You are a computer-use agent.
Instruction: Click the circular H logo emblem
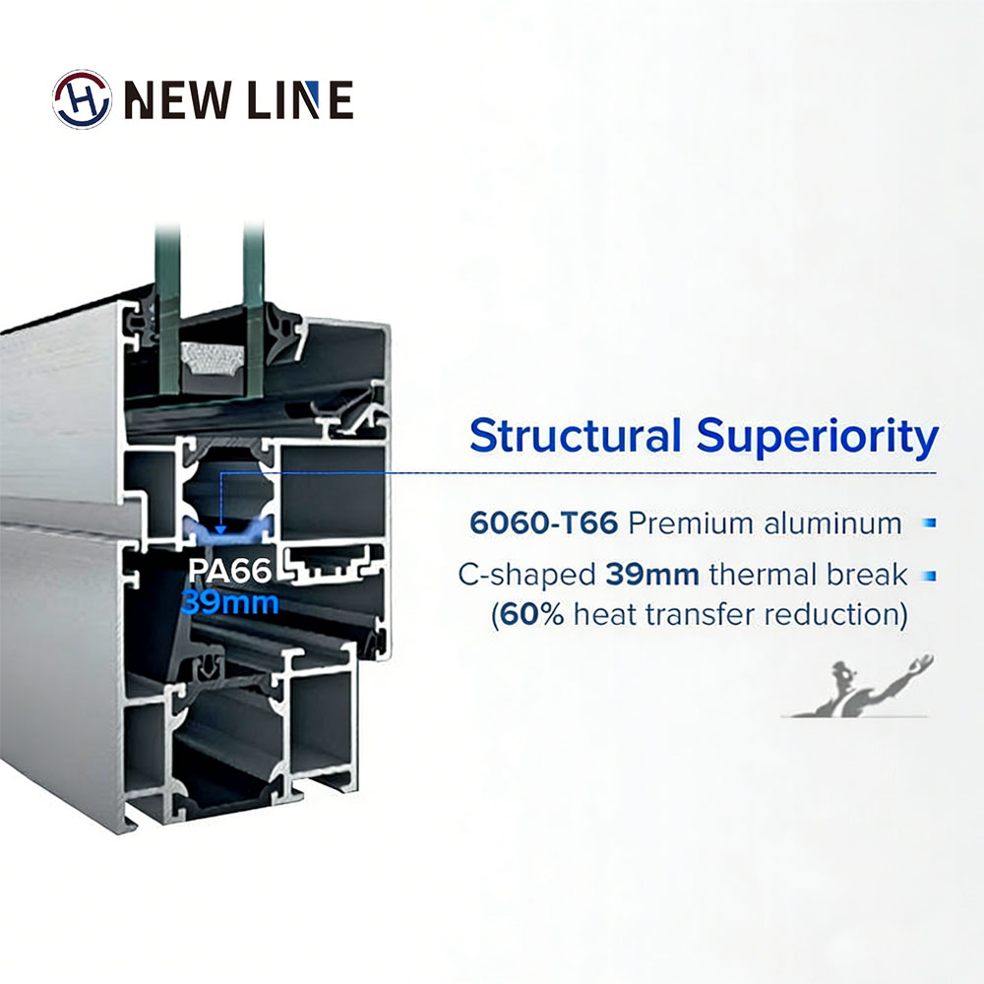pos(82,99)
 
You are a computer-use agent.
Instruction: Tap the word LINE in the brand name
pos(300,99)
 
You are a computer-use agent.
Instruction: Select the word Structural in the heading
pos(575,436)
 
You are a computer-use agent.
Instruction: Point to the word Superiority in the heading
pos(818,437)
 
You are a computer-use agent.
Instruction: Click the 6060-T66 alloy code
pos(543,523)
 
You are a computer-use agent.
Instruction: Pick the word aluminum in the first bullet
pos(832,523)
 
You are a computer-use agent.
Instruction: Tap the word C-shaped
pos(526,576)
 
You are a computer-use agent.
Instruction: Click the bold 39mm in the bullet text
pos(652,575)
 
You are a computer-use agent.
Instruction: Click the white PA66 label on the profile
pos(229,571)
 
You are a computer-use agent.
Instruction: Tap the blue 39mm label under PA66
pos(229,603)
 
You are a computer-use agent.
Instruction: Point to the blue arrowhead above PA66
pos(220,529)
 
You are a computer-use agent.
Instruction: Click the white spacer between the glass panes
pos(212,359)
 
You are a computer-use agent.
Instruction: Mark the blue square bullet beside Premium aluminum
pos(931,523)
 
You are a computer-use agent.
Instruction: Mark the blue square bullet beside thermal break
pos(931,576)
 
